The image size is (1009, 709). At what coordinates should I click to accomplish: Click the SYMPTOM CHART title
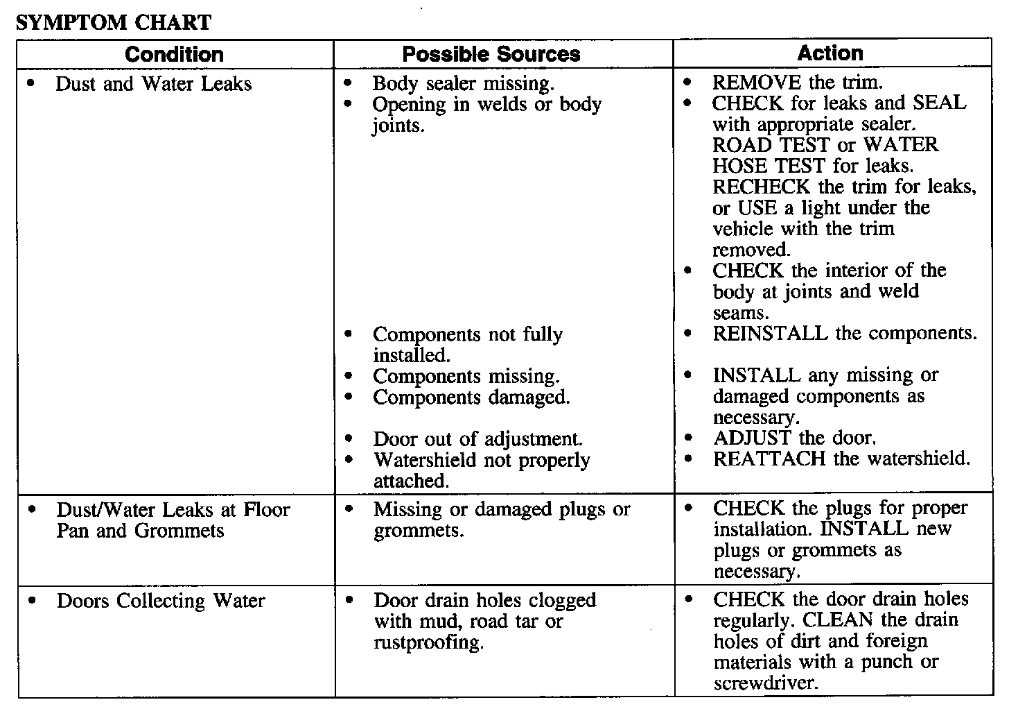click(113, 22)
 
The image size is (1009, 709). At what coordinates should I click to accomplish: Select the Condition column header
click(174, 54)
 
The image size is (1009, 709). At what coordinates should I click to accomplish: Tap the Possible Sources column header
click(491, 54)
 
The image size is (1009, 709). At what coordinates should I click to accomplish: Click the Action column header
click(830, 53)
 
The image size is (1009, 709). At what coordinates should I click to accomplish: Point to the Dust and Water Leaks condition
click(153, 84)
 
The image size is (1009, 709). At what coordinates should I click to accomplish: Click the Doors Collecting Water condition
click(161, 600)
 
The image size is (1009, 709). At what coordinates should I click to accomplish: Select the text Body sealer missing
click(463, 84)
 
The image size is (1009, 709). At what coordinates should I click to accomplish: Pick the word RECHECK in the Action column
click(761, 187)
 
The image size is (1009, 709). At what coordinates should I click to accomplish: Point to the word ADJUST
click(752, 438)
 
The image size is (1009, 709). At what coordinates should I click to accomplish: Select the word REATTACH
click(769, 459)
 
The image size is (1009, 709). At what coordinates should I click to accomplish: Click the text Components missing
click(466, 376)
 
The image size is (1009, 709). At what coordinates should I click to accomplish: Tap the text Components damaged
click(471, 397)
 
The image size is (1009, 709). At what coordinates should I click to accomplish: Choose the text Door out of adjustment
click(477, 439)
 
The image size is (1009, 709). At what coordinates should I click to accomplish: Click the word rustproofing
click(427, 642)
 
